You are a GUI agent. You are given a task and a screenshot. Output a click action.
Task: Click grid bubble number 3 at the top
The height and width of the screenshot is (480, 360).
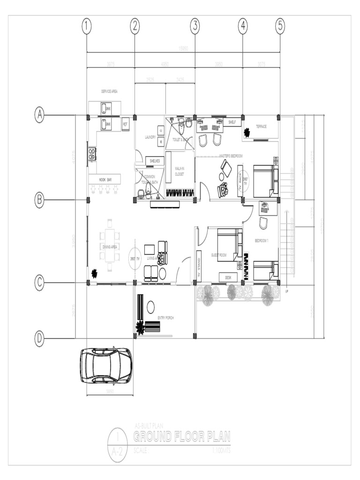195,26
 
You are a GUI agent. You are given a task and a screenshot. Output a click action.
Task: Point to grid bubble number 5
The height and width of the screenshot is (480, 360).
280,26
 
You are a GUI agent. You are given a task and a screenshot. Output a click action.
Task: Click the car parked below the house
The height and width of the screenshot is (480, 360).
106,366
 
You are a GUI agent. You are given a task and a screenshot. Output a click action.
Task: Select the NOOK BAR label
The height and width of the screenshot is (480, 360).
105,180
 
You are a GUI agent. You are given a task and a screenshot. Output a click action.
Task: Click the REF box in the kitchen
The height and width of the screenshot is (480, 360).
125,124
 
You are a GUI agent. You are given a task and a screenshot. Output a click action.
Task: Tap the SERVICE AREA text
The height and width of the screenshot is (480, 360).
109,91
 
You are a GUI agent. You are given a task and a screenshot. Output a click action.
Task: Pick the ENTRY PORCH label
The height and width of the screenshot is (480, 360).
165,318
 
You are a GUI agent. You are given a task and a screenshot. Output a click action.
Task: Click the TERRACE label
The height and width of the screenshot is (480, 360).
261,127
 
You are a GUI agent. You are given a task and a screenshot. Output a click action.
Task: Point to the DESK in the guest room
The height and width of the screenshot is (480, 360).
228,277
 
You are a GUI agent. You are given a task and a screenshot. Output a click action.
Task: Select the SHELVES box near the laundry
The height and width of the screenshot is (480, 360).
155,161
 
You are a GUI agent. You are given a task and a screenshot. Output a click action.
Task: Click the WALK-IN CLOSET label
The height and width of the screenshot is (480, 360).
180,171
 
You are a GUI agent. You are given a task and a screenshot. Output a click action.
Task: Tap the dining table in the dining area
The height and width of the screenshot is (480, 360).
110,245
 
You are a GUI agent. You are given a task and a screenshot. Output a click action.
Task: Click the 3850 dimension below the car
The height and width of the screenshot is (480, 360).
110,392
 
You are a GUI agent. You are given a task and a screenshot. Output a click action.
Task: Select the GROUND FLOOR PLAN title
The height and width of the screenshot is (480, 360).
182,437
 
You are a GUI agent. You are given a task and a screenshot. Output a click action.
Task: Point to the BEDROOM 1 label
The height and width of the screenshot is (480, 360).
261,241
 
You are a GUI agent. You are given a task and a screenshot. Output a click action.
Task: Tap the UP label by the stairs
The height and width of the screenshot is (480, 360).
286,291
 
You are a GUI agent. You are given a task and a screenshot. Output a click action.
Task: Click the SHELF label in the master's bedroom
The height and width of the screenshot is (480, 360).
232,122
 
